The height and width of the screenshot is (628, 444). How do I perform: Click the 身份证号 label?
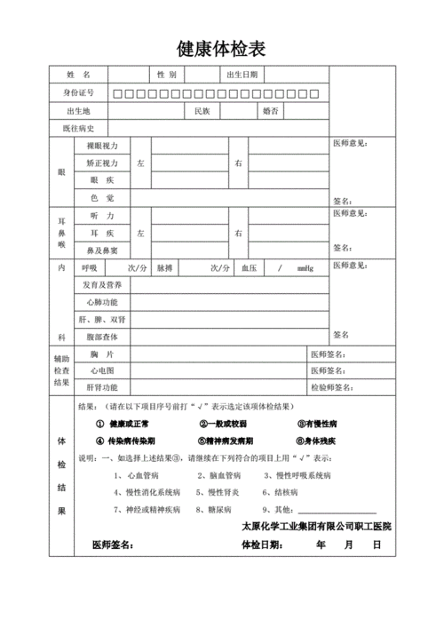click(x=78, y=93)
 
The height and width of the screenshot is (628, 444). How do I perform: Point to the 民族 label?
click(x=202, y=112)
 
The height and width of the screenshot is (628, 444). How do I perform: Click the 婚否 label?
click(x=271, y=112)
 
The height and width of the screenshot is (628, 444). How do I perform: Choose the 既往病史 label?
click(x=78, y=130)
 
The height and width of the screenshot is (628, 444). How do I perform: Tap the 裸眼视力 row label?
click(x=102, y=145)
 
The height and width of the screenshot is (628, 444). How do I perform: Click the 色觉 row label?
click(x=102, y=197)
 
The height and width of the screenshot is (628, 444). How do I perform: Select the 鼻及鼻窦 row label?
click(x=102, y=250)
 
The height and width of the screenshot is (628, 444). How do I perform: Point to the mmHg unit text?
click(x=305, y=267)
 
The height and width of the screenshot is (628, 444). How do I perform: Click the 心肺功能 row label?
click(x=102, y=302)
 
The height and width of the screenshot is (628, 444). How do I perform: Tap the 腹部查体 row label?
click(x=102, y=338)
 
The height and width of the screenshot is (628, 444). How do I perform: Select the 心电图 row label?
click(x=102, y=370)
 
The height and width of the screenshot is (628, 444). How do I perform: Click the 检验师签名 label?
click(x=330, y=387)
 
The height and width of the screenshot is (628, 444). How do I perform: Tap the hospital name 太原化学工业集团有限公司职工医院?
click(x=317, y=527)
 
